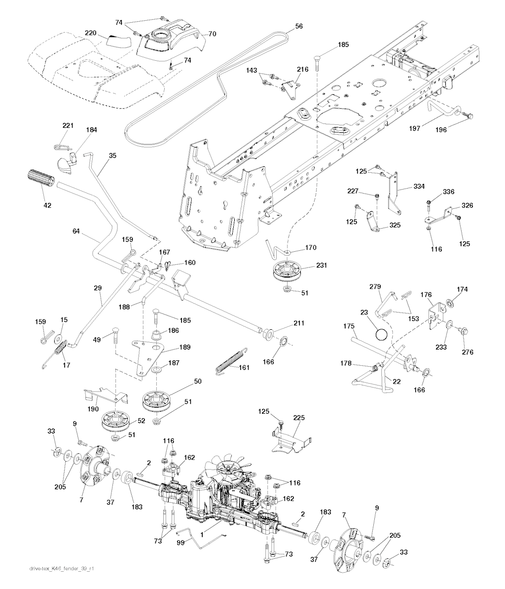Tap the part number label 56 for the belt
point(299,27)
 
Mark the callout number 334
point(418,187)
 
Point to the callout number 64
point(75,231)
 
